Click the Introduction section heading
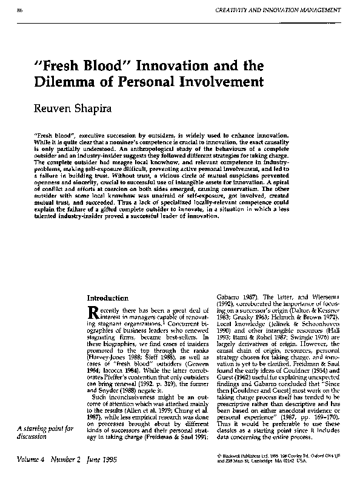[x=108, y=298]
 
